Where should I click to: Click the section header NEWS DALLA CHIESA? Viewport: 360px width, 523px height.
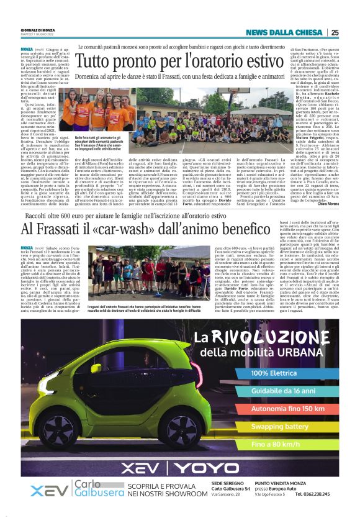(285, 32)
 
